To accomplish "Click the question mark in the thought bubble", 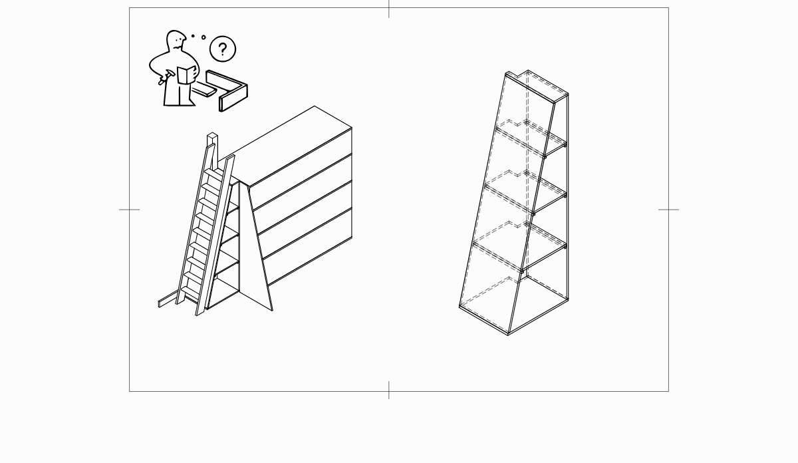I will pyautogui.click(x=223, y=49).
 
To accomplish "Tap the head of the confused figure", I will pyautogui.click(x=176, y=41).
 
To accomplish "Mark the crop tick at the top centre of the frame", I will pyautogui.click(x=389, y=8).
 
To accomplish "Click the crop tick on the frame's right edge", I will pyautogui.click(x=668, y=210).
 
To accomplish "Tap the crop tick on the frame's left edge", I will pyautogui.click(x=129, y=210).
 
